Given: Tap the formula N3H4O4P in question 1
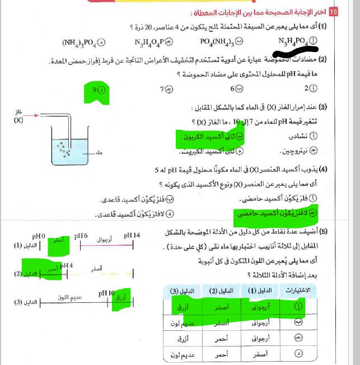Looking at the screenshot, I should (149, 41).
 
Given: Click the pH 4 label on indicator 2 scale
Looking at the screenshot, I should (67, 265).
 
